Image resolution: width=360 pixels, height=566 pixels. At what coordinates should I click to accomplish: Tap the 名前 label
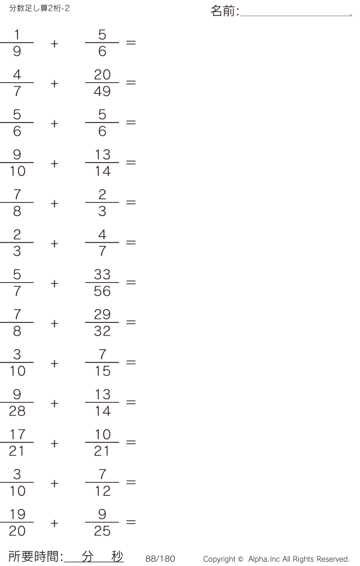click(x=224, y=11)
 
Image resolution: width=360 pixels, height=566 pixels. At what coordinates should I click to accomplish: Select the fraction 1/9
click(x=17, y=43)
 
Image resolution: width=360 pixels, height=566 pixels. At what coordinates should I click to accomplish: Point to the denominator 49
click(x=102, y=91)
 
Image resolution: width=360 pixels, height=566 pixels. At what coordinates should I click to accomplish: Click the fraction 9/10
click(x=17, y=163)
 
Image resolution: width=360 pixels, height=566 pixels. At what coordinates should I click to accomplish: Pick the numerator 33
click(x=102, y=274)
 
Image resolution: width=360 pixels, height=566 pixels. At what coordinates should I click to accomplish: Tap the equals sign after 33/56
click(x=131, y=283)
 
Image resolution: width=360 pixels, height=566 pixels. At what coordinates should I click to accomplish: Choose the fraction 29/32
click(x=102, y=323)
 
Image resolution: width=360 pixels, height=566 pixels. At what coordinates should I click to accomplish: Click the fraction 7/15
click(x=102, y=363)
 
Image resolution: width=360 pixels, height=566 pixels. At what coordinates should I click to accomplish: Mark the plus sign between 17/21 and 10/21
click(x=55, y=443)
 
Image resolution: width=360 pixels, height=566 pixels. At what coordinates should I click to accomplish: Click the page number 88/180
click(x=160, y=559)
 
